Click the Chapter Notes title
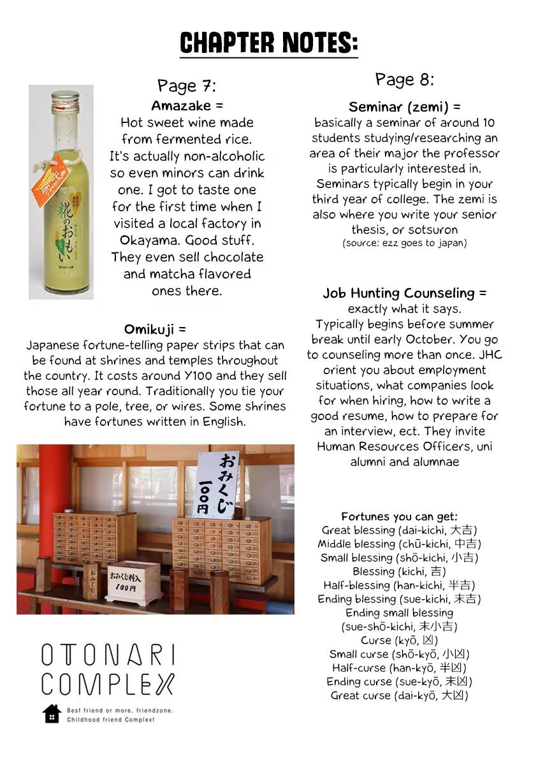(268, 43)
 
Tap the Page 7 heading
(187, 85)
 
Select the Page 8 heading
(404, 80)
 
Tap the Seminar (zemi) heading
(404, 107)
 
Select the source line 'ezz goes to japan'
(404, 243)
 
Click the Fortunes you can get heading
(399, 516)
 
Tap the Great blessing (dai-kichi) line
(399, 530)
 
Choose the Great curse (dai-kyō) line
(399, 696)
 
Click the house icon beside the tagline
(52, 713)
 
